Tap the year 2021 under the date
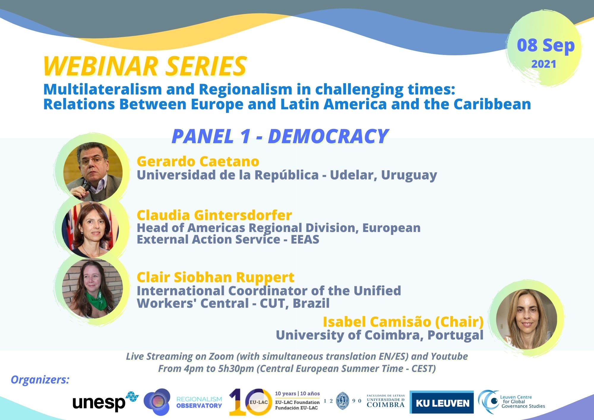[x=544, y=64]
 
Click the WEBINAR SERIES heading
[x=145, y=66]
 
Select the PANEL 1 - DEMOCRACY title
[x=280, y=136]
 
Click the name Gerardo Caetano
[x=198, y=161]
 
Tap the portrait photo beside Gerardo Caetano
[x=93, y=172]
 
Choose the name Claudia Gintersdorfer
[x=214, y=215]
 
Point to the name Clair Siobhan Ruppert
[x=215, y=277]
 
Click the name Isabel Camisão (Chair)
[x=403, y=322]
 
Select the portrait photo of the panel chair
[x=527, y=319]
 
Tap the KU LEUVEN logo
[x=442, y=402]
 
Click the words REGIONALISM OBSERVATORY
[x=199, y=402]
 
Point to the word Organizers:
[x=40, y=380]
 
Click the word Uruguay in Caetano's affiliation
[x=409, y=175]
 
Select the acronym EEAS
[x=305, y=239]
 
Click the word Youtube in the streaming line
[x=449, y=356]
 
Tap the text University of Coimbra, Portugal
[x=380, y=335]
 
